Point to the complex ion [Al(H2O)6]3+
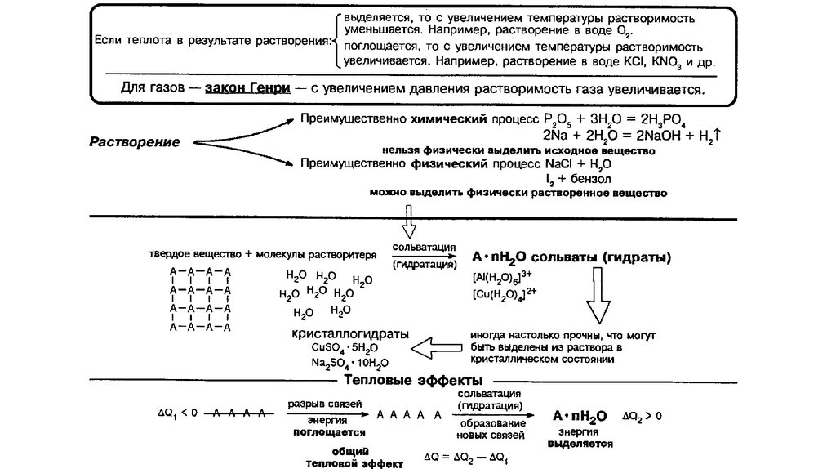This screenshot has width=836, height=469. [x=500, y=277]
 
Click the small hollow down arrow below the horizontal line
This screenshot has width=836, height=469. [x=407, y=221]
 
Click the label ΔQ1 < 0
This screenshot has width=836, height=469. [x=176, y=415]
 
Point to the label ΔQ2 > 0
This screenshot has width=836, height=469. [x=642, y=415]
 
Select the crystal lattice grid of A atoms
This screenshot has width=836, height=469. [x=200, y=298]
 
